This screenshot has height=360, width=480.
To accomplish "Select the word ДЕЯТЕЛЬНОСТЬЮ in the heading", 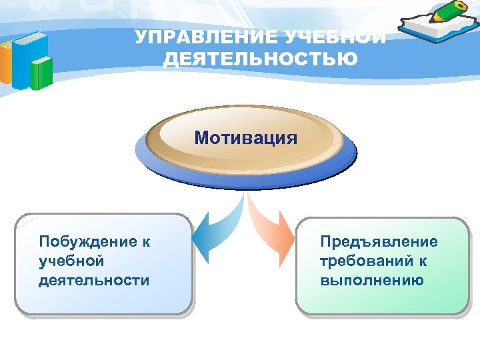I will click(261, 59).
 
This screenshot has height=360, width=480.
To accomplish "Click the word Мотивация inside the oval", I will click(246, 138).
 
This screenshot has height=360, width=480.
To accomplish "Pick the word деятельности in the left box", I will click(94, 280).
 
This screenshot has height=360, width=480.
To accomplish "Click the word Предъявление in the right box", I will click(379, 241).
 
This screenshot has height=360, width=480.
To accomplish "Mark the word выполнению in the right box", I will click(372, 280).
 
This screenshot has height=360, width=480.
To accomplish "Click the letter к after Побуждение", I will click(145, 241).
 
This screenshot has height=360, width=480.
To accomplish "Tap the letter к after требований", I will click(423, 260).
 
